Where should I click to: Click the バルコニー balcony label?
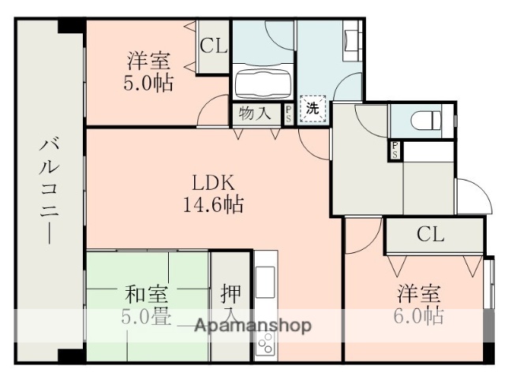(x=49, y=188)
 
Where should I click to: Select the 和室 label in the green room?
(x=146, y=296)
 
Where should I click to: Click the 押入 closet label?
(x=231, y=303)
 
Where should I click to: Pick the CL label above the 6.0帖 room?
(x=430, y=234)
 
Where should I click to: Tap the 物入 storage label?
(x=255, y=112)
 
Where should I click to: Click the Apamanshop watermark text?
(x=252, y=325)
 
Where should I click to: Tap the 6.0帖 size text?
(x=418, y=317)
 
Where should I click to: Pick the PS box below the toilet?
(x=393, y=150)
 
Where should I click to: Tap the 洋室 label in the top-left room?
(x=148, y=60)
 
